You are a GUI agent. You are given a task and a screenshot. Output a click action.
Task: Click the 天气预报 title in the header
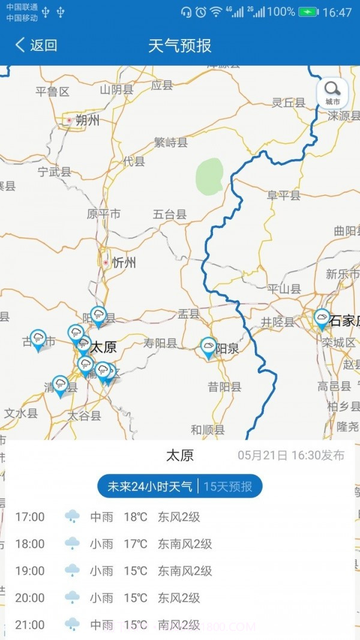coord(180,45)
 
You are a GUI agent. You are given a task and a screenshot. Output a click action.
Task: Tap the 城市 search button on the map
coord(332,93)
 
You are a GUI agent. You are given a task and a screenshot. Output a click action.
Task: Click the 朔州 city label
coord(87,121)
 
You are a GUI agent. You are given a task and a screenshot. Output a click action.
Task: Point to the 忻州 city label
coord(123,263)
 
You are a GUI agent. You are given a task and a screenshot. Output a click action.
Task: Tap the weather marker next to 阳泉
coord(208,348)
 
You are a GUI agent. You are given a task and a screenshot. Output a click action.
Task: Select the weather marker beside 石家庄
coord(322,319)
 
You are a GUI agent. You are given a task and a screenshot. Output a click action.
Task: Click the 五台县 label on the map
coord(170,214)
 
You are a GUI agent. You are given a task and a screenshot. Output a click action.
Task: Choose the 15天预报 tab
coord(228,486)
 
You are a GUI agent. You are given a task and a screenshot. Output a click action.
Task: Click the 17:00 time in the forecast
coord(30,516)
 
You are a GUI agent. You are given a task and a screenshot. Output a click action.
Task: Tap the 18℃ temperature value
coord(136,516)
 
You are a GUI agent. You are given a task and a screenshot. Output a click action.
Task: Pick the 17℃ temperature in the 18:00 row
coord(136,544)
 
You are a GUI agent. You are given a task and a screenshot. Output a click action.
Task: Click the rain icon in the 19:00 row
coord(72,570)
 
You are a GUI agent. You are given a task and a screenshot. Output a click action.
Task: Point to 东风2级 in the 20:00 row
coord(179,598)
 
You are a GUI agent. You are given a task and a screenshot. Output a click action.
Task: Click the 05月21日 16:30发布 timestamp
coord(291,455)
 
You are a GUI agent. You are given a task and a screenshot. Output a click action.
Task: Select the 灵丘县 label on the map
coord(289,103)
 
